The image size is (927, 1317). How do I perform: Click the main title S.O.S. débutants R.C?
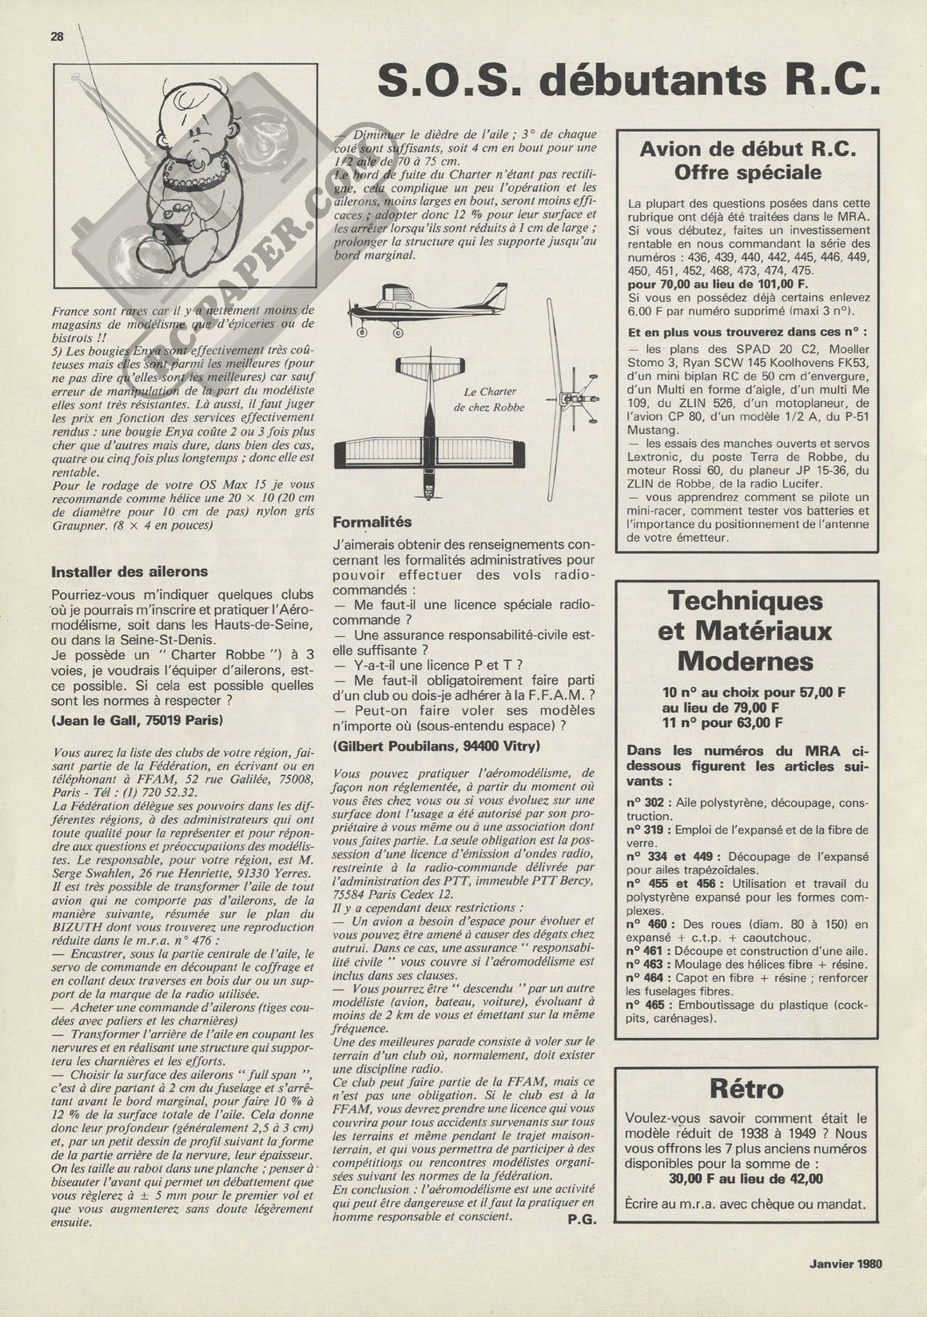pyautogui.click(x=630, y=81)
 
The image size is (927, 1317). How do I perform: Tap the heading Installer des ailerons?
pyautogui.click(x=129, y=571)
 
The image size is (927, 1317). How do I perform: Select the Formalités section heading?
pyautogui.click(x=372, y=522)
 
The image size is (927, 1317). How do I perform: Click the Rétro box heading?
pyautogui.click(x=747, y=1088)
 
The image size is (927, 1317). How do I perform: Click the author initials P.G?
pyautogui.click(x=583, y=1220)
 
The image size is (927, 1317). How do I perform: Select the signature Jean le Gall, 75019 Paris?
pyautogui.click(x=137, y=720)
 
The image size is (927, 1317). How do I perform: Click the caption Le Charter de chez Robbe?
pyautogui.click(x=490, y=400)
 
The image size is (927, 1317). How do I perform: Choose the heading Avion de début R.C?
pyautogui.click(x=748, y=149)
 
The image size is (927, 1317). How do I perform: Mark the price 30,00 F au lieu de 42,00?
pyautogui.click(x=746, y=1179)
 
